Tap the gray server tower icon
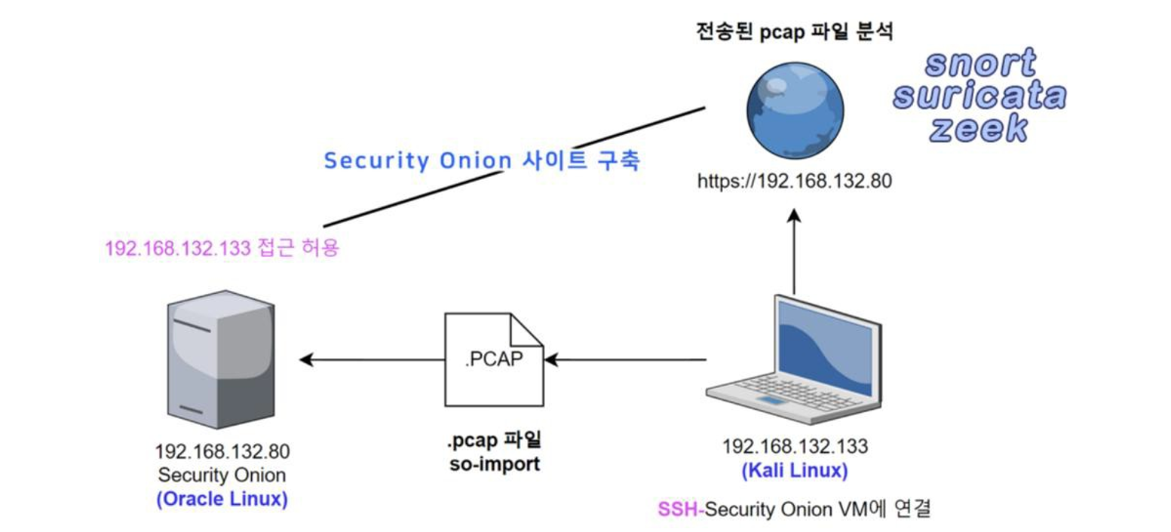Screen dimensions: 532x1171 pos(220,359)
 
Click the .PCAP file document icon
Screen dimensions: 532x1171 pos(494,359)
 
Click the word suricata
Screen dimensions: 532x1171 pos(979,97)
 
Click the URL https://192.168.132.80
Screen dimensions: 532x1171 pos(794,182)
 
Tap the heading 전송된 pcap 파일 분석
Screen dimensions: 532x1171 pos(794,33)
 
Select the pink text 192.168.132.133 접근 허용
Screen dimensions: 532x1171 pos(222,249)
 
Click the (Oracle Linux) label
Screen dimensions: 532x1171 pos(222,500)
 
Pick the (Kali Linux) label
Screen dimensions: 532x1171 pos(795,471)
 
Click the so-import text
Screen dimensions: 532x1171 pos(494,463)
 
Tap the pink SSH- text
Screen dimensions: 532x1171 pos(680,509)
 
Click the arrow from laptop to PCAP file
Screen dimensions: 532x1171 pos(625,360)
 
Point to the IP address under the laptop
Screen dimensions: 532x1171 pos(795,447)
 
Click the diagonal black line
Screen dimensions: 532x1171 pos(513,167)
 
